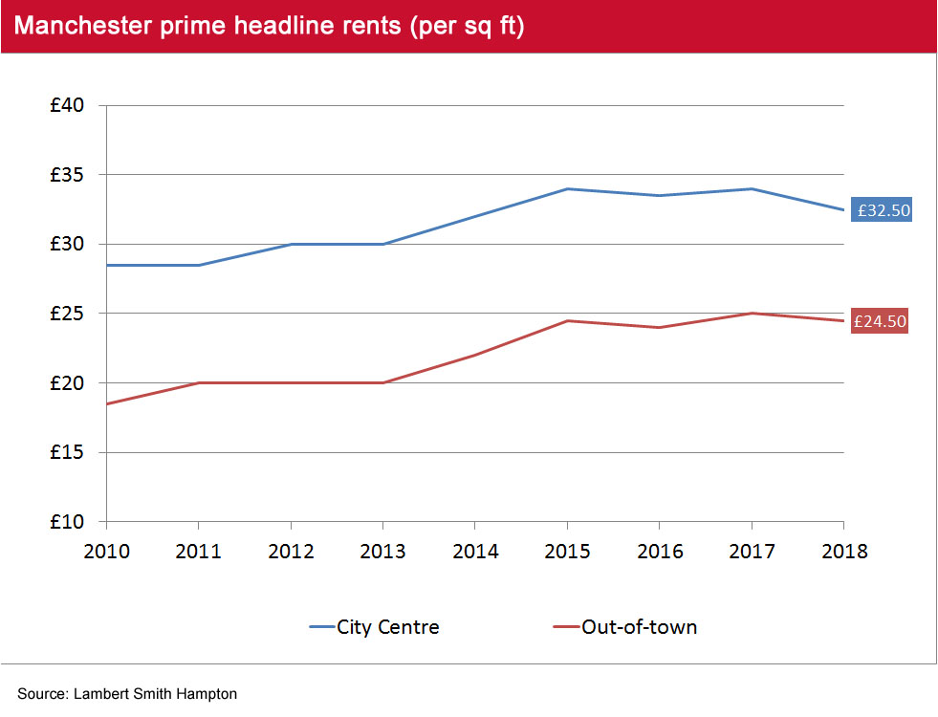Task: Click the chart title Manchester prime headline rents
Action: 270,27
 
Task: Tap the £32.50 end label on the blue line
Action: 883,210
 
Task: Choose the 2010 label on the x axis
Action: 106,552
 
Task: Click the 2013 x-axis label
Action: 382,552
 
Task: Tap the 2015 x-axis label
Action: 567,552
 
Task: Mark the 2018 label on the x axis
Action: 843,552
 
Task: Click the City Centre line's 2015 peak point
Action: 567,188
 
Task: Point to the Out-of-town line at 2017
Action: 752,314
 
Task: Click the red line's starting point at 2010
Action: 107,403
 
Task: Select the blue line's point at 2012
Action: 291,244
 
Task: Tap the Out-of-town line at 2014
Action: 475,355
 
